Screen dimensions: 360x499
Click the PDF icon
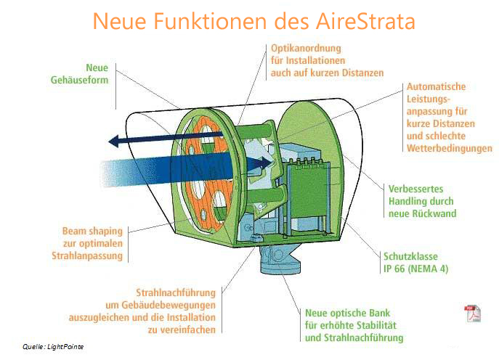click(x=472, y=314)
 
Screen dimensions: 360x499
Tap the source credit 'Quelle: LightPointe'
click(x=53, y=347)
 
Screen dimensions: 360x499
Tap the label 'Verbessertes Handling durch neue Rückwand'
click(x=421, y=201)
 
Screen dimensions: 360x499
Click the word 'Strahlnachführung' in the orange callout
click(x=176, y=292)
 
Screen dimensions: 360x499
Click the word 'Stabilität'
click(x=378, y=325)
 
